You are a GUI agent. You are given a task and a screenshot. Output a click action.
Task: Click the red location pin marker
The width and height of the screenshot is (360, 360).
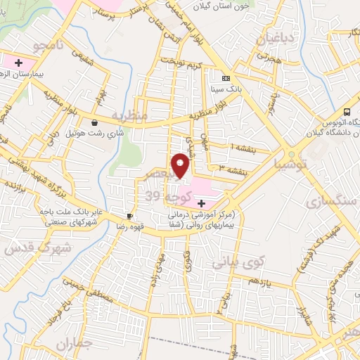point(181,165)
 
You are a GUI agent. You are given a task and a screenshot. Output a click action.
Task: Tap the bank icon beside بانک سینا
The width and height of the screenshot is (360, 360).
point(225,78)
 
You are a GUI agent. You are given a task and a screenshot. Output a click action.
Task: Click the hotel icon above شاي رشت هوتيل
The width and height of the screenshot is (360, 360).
point(94,122)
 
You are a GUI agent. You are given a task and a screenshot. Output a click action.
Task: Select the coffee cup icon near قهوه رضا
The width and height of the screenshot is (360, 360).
point(129,216)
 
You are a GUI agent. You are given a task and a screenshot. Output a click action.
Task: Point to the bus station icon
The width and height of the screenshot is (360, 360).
point(346,112)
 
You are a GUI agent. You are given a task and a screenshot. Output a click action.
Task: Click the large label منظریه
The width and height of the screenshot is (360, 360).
point(131,115)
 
